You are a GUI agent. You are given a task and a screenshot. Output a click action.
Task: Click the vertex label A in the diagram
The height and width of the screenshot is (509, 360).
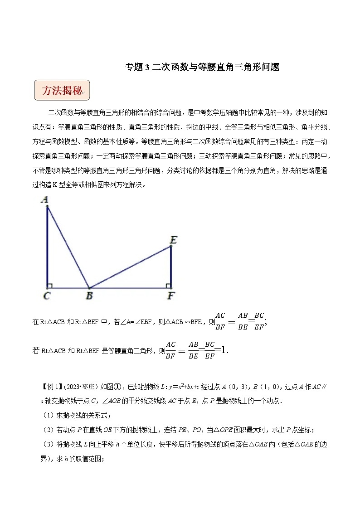pos(45,199)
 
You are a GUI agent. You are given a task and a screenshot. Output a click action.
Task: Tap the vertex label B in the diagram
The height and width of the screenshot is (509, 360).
pos(89,296)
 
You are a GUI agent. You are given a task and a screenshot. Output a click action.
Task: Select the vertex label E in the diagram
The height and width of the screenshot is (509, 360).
pos(172,239)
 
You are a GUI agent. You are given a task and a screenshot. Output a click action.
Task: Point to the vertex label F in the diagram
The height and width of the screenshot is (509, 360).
pos(171,296)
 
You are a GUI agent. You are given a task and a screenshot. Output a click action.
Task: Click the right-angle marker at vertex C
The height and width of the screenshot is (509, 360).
pos(50,286)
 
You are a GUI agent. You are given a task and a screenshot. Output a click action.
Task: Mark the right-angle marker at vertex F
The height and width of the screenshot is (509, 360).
pos(168,286)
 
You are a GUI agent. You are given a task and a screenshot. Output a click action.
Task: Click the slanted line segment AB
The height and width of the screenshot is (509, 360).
pos(68,247)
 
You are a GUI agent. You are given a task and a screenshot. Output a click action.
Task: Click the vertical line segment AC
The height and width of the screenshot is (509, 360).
pos(47,247)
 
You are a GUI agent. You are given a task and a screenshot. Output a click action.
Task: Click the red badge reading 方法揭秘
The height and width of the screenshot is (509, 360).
pos(62,91)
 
